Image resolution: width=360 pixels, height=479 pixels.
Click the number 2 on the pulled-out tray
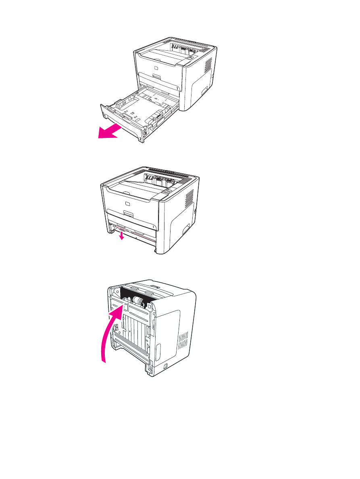click(x=140, y=138)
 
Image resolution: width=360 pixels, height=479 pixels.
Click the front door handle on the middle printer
click(x=129, y=212)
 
